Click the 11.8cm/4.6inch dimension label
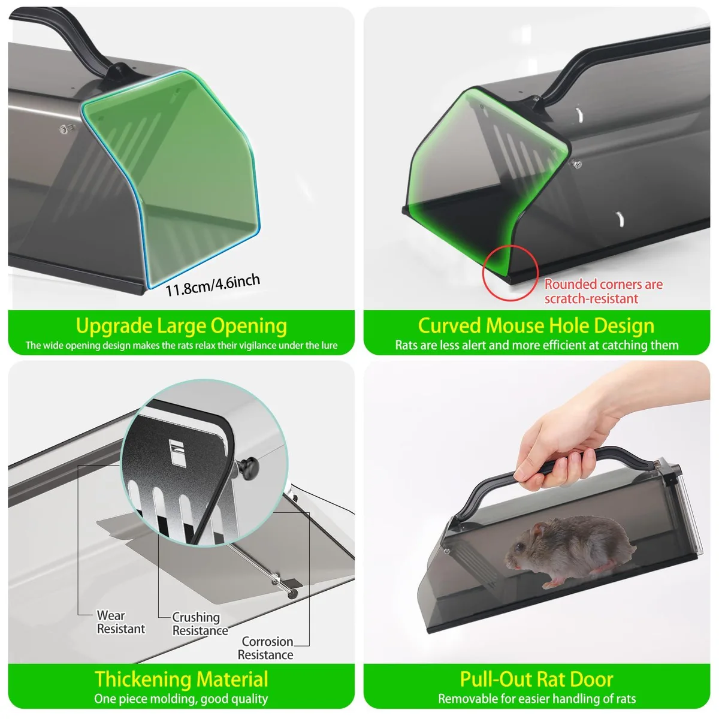pyautogui.click(x=212, y=285)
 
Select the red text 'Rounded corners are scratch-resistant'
pyautogui.click(x=603, y=291)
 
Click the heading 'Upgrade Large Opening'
pyautogui.click(x=182, y=326)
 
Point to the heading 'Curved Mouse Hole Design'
pyautogui.click(x=536, y=326)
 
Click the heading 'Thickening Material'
pyautogui.click(x=182, y=679)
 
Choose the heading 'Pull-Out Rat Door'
pyautogui.click(x=536, y=679)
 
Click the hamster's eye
pyautogui.click(x=519, y=547)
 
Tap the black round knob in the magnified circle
pyautogui.click(x=247, y=466)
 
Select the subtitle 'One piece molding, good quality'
pyautogui.click(x=181, y=699)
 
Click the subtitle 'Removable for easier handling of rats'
pyautogui.click(x=537, y=699)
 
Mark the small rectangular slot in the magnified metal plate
pyautogui.click(x=177, y=452)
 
